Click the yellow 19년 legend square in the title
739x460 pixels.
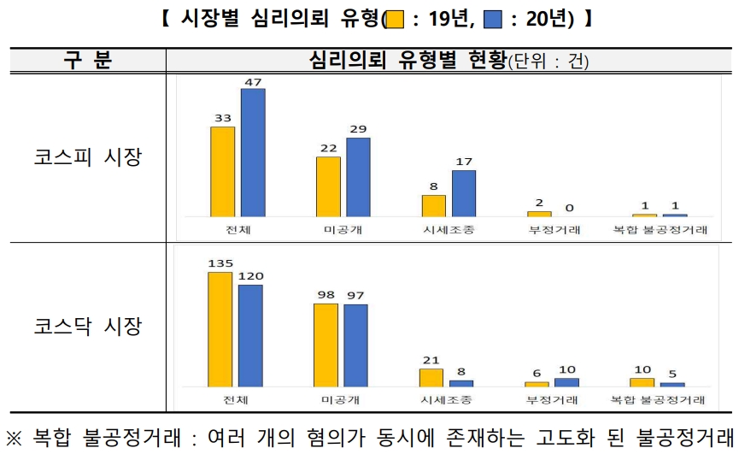pyautogui.click(x=395, y=19)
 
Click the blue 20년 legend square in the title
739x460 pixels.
pyautogui.click(x=494, y=19)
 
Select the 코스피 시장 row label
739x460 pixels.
pyautogui.click(x=87, y=157)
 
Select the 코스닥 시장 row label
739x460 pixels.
pyautogui.click(x=87, y=326)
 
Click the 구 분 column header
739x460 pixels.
pyautogui.click(x=87, y=61)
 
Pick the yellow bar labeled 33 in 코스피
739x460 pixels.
pyautogui.click(x=222, y=171)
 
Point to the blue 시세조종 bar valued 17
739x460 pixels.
pyautogui.click(x=464, y=193)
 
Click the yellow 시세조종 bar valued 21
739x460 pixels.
pyautogui.click(x=431, y=377)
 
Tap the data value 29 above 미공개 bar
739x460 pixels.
pyautogui.click(x=358, y=129)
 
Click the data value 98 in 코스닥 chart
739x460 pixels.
pyautogui.click(x=326, y=294)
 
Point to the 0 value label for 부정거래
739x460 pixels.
pyautogui.click(x=569, y=208)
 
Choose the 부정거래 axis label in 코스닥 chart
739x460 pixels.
pyautogui.click(x=553, y=400)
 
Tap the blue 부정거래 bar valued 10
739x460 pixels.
pyautogui.click(x=566, y=382)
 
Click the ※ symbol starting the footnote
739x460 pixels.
pyautogui.click(x=14, y=439)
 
